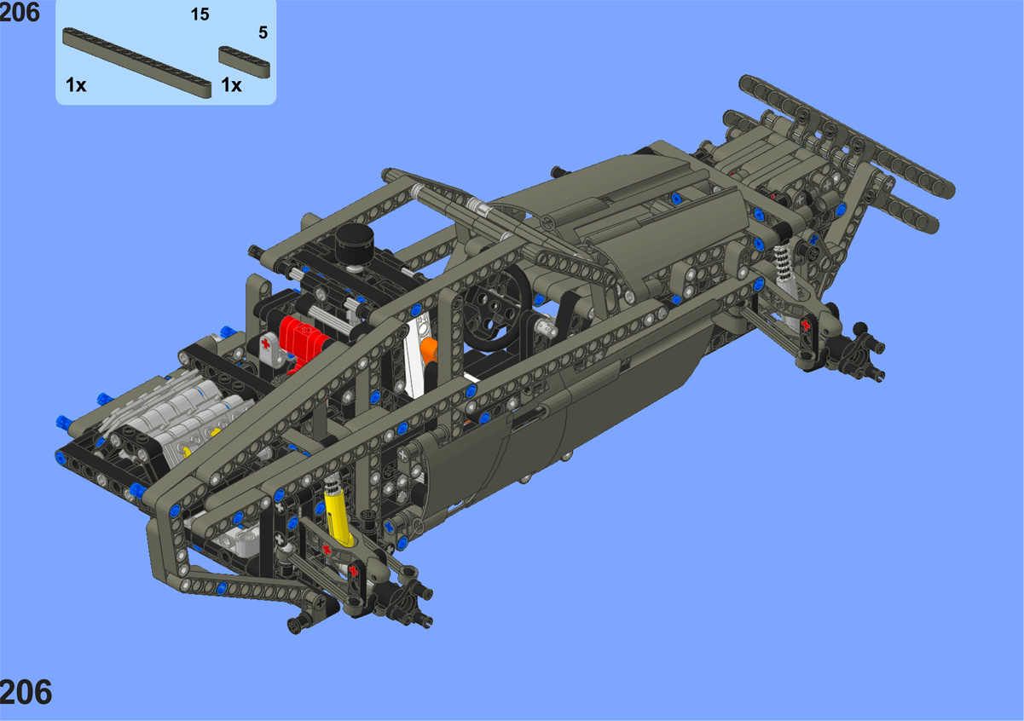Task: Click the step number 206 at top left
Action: [x=20, y=12]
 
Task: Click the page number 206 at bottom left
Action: [x=26, y=692]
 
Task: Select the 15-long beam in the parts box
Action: [x=136, y=62]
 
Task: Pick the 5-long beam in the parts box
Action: [x=244, y=61]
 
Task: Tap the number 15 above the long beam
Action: [x=200, y=14]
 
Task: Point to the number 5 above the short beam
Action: [x=263, y=32]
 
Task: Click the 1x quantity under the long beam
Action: [x=76, y=85]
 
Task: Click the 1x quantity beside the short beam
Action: [x=231, y=85]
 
